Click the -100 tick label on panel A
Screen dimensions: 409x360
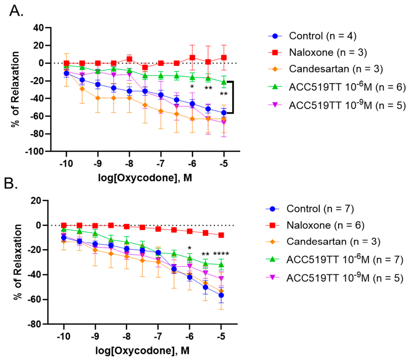[35, 151]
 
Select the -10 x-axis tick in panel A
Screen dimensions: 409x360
[66, 163]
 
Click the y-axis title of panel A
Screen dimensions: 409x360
[15, 89]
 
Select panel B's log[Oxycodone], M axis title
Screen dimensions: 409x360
[142, 351]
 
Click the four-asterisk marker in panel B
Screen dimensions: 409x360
[221, 254]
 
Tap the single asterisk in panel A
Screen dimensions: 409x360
[192, 87]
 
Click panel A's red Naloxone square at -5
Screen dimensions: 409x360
[224, 58]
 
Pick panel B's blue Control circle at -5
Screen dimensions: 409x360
[221, 295]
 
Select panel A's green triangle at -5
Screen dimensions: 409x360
[224, 82]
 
